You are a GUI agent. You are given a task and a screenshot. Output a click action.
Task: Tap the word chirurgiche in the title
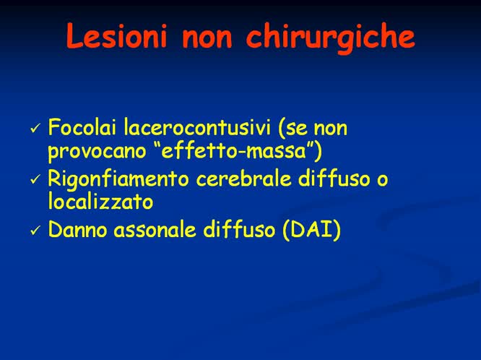tap(331, 38)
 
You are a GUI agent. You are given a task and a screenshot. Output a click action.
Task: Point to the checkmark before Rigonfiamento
tap(35, 179)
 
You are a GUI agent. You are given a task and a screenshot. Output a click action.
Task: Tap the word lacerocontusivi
tap(189, 129)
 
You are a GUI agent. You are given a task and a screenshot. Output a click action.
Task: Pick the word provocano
tap(92, 151)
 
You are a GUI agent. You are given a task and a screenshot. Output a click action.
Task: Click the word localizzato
tap(100, 201)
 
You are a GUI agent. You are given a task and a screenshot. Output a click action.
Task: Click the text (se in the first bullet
tap(287, 129)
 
